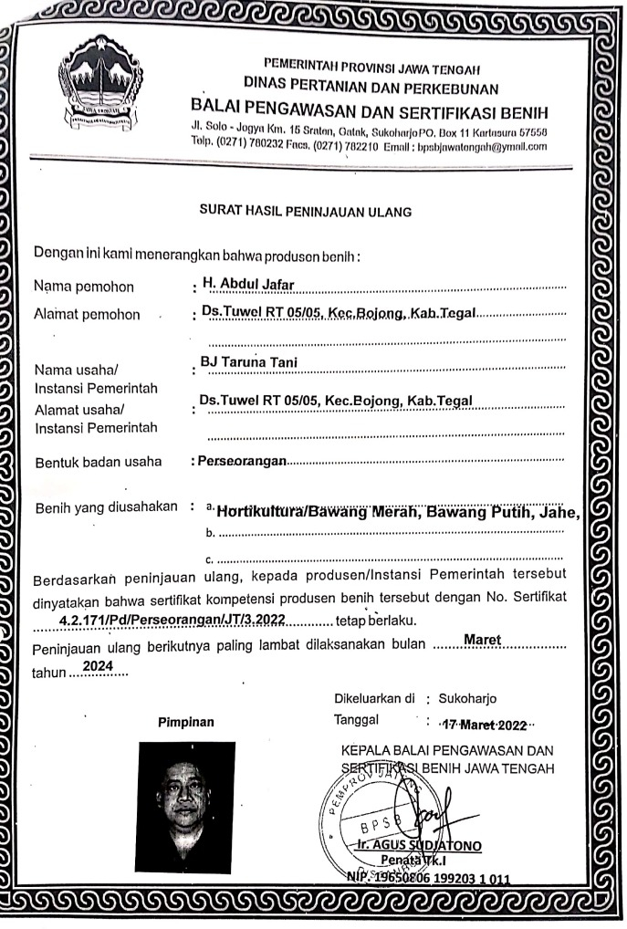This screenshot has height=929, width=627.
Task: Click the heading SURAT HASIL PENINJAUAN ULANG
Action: (306, 211)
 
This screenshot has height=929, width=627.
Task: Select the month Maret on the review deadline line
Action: (485, 642)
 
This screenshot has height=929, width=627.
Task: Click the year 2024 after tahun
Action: (98, 669)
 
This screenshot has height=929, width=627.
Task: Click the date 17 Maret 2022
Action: (484, 725)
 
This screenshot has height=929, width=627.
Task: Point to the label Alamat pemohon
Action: (87, 315)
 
